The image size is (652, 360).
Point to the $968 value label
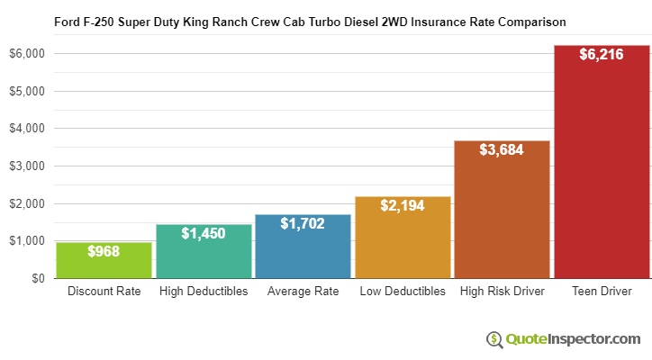tap(104, 253)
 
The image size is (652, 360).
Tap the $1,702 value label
tap(303, 223)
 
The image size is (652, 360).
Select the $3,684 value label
tap(502, 149)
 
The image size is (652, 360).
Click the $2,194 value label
tap(403, 206)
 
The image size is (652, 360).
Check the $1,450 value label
tap(204, 233)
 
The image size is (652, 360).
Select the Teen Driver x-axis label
tap(602, 292)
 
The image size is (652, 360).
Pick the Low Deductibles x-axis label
tap(403, 292)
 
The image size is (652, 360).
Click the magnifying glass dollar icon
tap(494, 339)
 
